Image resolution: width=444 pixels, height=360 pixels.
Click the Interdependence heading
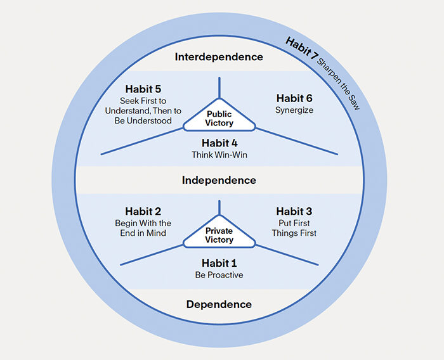pyautogui.click(x=219, y=57)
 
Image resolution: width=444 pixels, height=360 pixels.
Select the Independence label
pyautogui.click(x=219, y=181)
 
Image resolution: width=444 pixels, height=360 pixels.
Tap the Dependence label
pyautogui.click(x=219, y=305)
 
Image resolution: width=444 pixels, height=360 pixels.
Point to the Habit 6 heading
pyautogui.click(x=294, y=98)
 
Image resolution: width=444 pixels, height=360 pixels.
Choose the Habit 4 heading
pyautogui.click(x=219, y=143)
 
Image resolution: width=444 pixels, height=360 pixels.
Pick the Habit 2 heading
pyautogui.click(x=143, y=212)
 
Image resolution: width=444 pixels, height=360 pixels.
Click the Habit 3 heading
pyautogui.click(x=294, y=211)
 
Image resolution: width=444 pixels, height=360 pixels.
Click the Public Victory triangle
pyautogui.click(x=219, y=118)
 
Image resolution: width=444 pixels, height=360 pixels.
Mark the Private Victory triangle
pyautogui.click(x=219, y=236)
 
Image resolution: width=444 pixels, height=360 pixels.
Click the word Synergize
pyautogui.click(x=294, y=110)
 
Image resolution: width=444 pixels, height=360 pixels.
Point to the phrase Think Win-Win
pyautogui.click(x=219, y=155)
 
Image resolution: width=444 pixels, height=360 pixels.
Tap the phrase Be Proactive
pyautogui.click(x=219, y=275)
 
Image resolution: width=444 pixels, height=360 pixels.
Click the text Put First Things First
pyautogui.click(x=294, y=228)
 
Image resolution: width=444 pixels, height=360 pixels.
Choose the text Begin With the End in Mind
pyautogui.click(x=143, y=228)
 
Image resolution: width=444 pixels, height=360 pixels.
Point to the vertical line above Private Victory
pyautogui.click(x=219, y=208)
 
